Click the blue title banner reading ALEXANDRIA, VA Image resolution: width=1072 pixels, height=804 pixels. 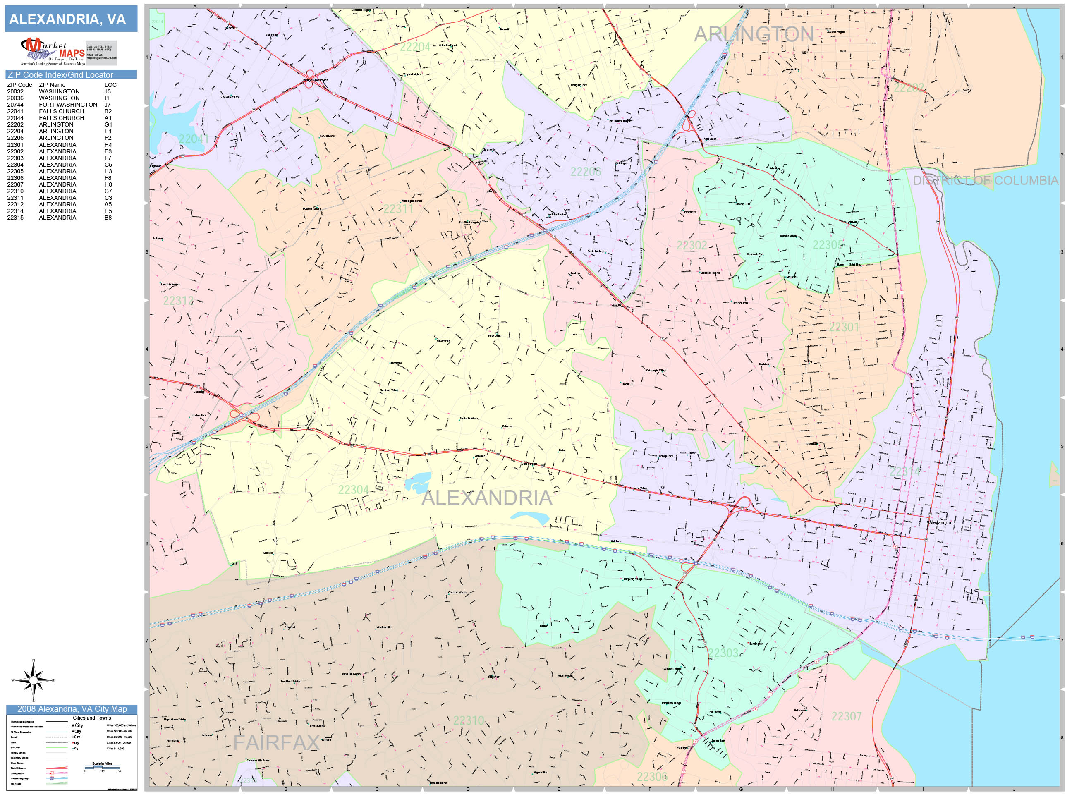click(x=71, y=19)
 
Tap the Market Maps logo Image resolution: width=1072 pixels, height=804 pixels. click(x=53, y=51)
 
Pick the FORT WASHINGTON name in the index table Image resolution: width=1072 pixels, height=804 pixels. click(x=68, y=105)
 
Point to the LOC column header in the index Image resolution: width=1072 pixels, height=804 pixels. click(x=110, y=85)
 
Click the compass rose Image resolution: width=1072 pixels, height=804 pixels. click(x=33, y=680)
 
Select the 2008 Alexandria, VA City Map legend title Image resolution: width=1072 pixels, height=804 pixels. click(x=72, y=709)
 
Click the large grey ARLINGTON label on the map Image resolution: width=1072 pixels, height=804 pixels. click(x=754, y=34)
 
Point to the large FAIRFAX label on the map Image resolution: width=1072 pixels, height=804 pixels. click(x=276, y=743)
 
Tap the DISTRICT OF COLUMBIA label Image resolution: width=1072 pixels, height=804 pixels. click(x=985, y=181)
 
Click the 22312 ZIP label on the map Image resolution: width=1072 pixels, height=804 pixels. click(x=178, y=301)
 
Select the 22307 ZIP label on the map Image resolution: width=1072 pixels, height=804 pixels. click(x=846, y=716)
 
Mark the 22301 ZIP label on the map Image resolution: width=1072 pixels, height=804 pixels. click(x=844, y=327)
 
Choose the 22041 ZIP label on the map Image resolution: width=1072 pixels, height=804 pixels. click(x=194, y=139)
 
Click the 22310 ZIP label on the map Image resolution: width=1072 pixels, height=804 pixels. click(x=468, y=720)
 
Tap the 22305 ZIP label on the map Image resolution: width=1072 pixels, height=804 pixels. click(x=827, y=245)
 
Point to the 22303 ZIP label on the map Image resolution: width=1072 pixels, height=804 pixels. click(x=723, y=653)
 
